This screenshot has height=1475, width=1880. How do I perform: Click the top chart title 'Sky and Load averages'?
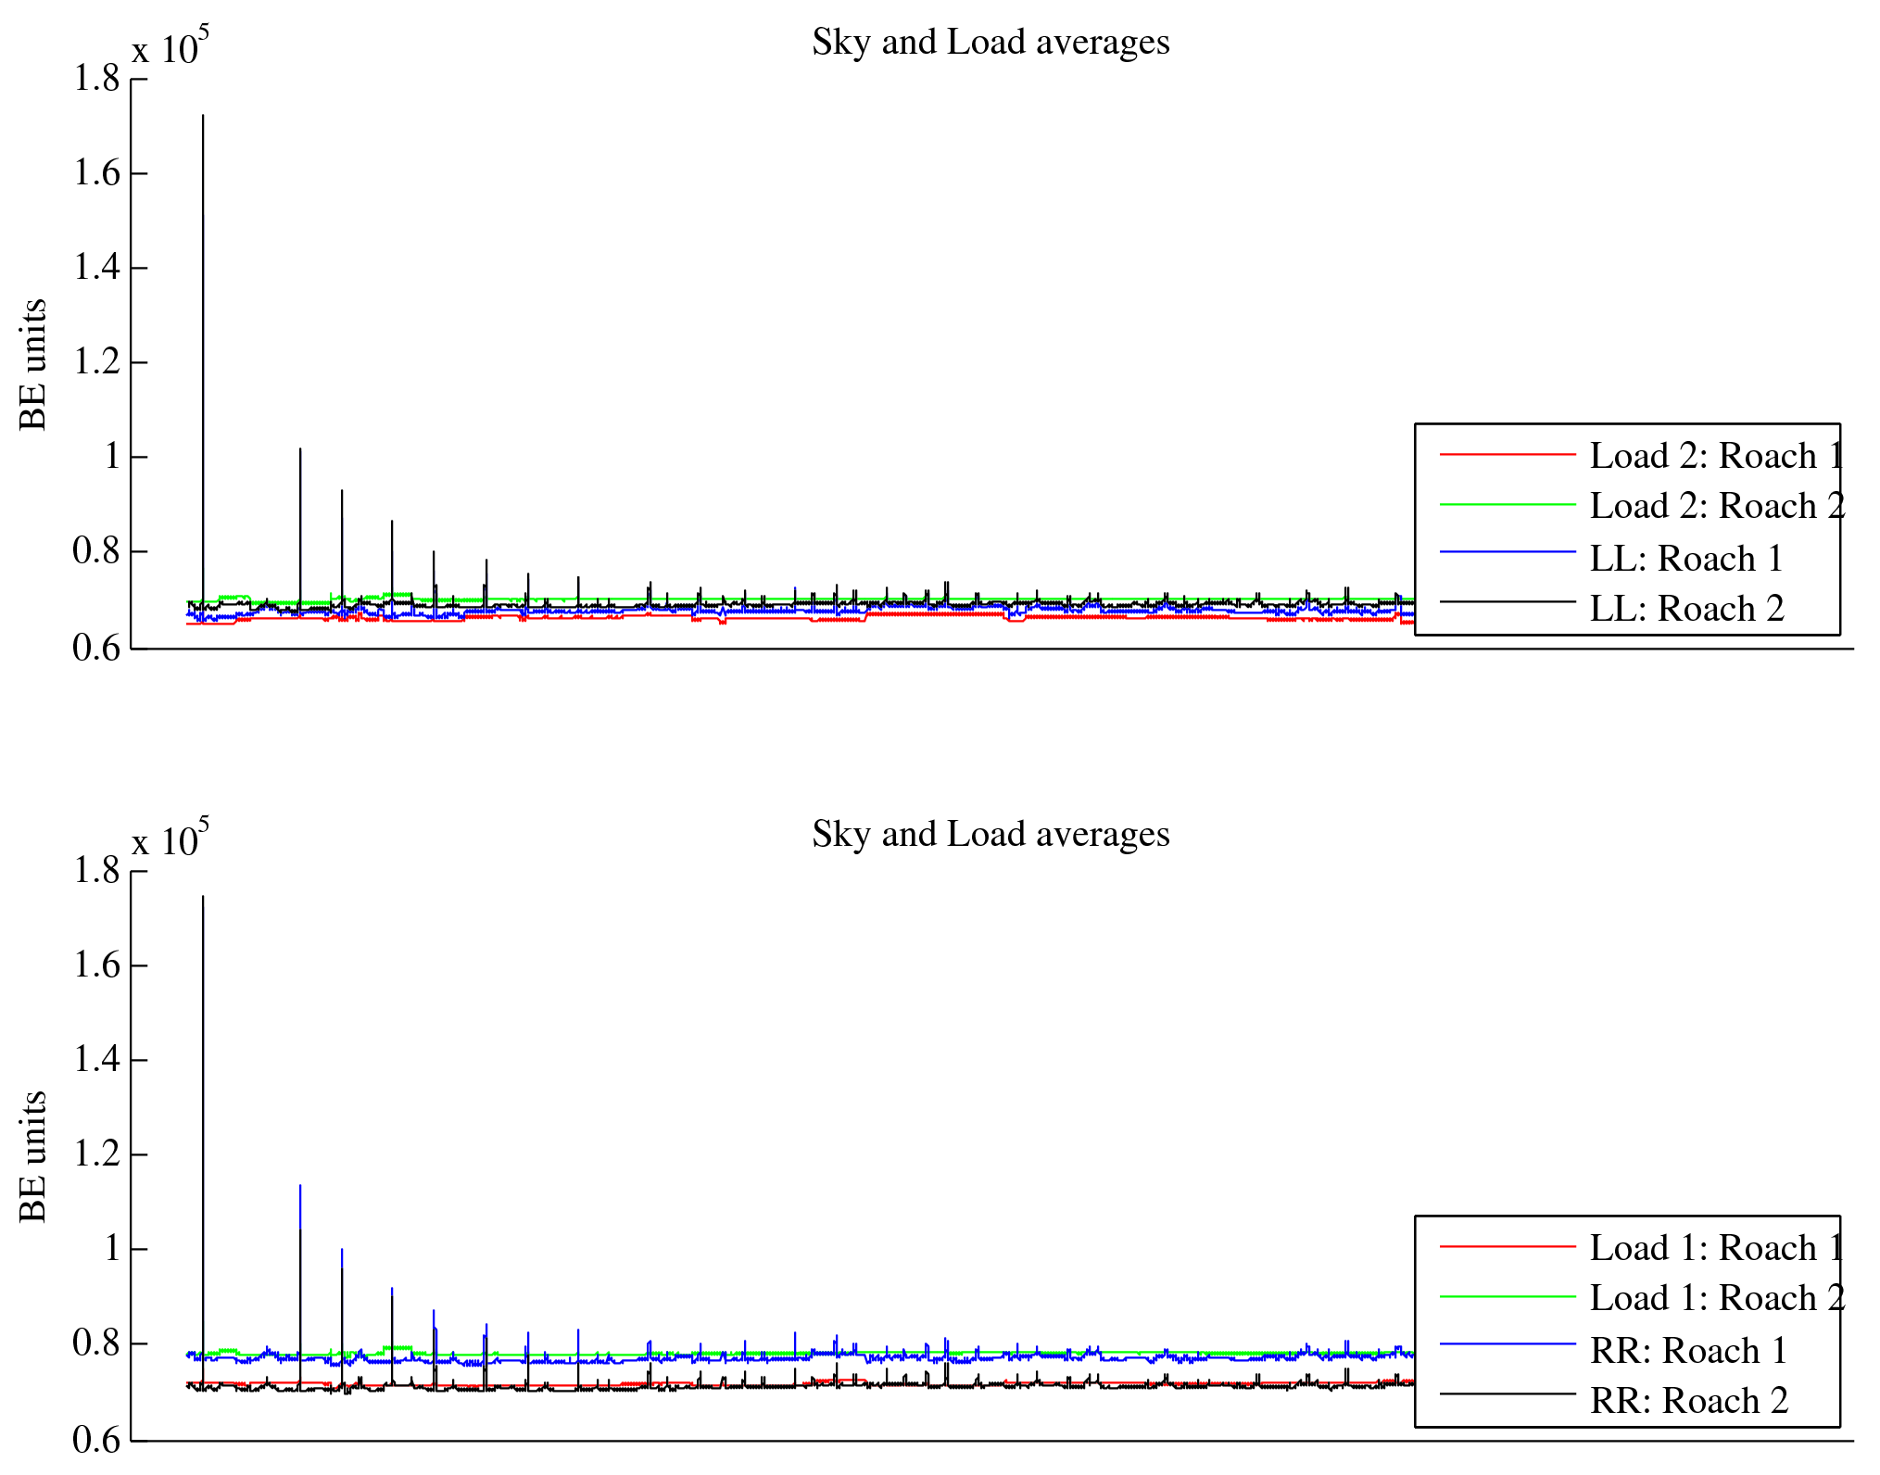point(990,43)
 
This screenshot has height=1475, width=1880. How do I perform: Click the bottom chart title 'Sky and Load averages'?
point(990,835)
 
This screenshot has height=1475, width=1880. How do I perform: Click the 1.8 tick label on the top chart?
point(97,79)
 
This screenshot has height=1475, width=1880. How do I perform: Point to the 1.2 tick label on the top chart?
point(97,362)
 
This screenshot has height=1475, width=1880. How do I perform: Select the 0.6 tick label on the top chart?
point(97,648)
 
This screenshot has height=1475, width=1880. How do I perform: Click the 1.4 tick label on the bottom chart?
point(97,1059)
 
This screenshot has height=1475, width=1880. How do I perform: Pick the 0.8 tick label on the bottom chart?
point(97,1343)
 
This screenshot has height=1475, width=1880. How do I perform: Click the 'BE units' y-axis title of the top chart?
point(33,364)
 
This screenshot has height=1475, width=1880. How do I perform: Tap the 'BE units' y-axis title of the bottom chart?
point(33,1156)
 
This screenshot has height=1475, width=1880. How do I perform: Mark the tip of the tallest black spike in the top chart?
point(203,116)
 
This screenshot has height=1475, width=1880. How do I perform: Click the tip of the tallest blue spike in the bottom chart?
point(300,1185)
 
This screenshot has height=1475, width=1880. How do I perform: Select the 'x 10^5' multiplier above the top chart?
point(170,46)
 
